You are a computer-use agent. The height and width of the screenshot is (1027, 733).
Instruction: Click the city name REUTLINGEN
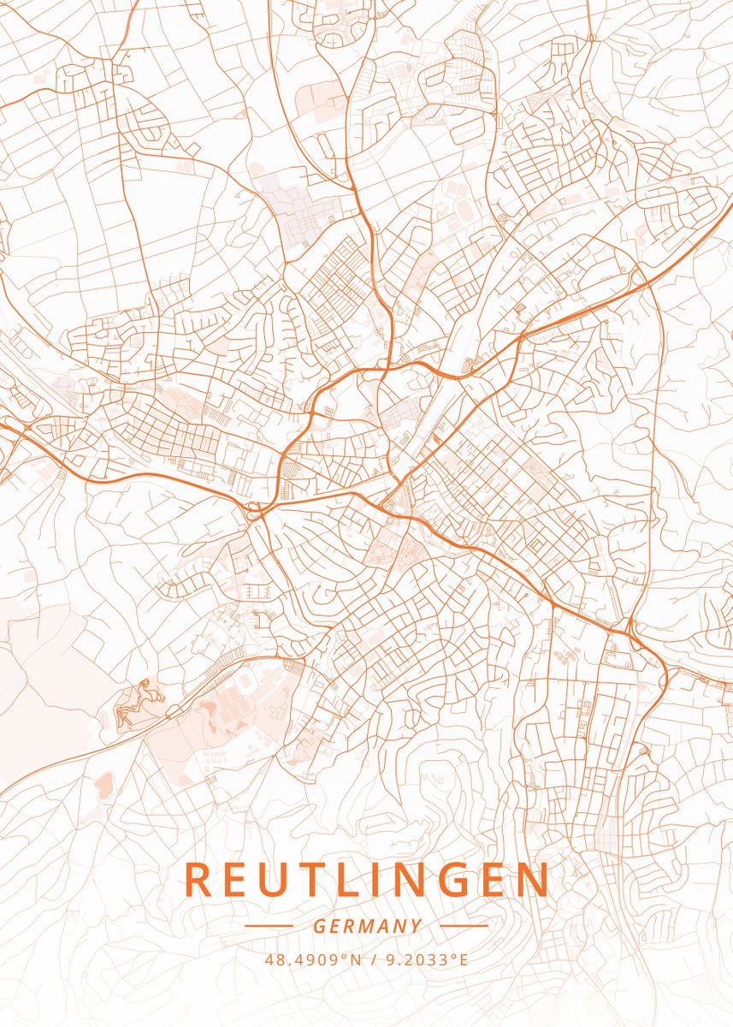pyautogui.click(x=366, y=880)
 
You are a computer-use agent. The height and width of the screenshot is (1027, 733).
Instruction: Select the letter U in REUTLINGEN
pyautogui.click(x=275, y=880)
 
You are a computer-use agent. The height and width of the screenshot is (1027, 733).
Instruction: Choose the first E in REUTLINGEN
pyautogui.click(x=237, y=880)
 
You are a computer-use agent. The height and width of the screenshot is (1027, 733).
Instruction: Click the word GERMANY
pyautogui.click(x=367, y=926)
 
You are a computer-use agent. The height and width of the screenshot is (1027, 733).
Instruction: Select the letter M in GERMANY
pyautogui.click(x=368, y=926)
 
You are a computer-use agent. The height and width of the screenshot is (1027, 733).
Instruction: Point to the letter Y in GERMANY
pyautogui.click(x=416, y=926)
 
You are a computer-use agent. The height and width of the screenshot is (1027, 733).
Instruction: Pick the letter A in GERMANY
pyautogui.click(x=385, y=926)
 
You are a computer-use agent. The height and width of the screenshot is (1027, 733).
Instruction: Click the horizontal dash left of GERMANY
pyautogui.click(x=269, y=926)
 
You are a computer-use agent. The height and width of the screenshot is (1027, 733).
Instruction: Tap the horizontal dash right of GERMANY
pyautogui.click(x=464, y=926)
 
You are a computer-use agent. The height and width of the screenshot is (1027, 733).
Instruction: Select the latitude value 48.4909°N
pyautogui.click(x=314, y=959)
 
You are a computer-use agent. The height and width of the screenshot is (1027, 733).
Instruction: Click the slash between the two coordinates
pyautogui.click(x=375, y=959)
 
